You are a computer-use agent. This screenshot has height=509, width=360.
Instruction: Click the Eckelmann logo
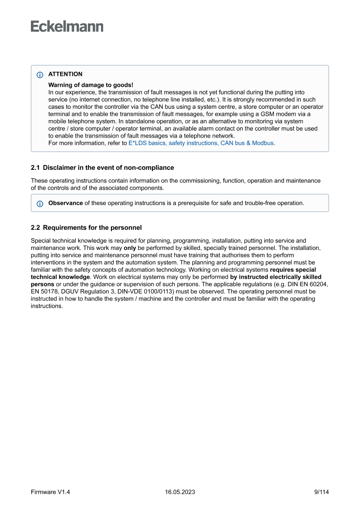[x=67, y=27]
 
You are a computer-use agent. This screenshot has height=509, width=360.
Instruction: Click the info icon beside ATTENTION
[x=40, y=74]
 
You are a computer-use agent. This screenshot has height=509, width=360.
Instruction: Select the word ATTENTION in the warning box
[x=65, y=74]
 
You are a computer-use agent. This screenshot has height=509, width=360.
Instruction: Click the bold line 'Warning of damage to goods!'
[x=91, y=85]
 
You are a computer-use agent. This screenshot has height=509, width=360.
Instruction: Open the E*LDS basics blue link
[x=201, y=143]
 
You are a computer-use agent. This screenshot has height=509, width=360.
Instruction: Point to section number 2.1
[x=35, y=168]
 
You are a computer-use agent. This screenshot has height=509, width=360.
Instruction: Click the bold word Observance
[x=65, y=203]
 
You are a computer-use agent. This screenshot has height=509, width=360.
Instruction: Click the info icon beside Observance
[x=40, y=203]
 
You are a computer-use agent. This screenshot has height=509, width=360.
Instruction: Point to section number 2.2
[x=35, y=227]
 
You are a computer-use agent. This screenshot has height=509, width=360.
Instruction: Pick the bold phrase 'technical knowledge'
[x=61, y=277]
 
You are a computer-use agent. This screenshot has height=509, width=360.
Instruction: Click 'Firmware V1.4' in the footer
[x=50, y=492]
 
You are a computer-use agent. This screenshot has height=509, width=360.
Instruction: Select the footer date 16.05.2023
[x=180, y=492]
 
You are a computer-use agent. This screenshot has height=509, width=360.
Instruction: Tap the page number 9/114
[x=321, y=492]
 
